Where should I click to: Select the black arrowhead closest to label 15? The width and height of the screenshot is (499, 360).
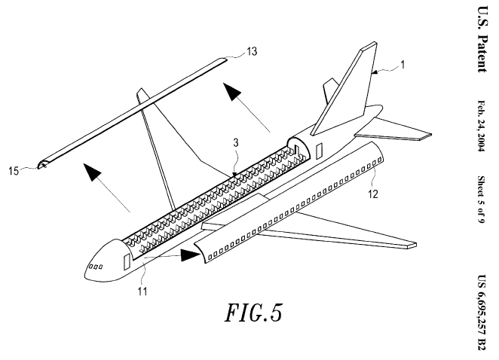(92, 172)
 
